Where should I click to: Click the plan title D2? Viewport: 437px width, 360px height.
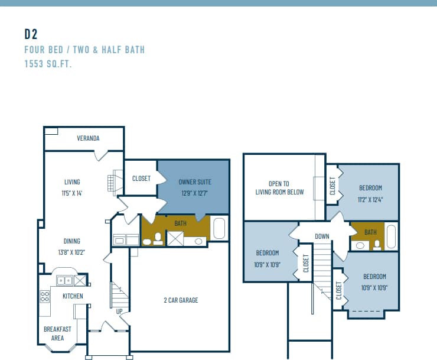point(31,34)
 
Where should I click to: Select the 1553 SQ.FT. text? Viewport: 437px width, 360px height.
point(48,64)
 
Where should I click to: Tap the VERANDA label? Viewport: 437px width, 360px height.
point(88,138)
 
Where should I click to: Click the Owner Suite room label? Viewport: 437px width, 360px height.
point(195,182)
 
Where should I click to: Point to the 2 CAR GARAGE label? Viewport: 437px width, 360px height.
point(181,300)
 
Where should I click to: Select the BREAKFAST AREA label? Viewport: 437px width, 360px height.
point(57,333)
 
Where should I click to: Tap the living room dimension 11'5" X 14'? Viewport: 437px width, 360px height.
point(72,193)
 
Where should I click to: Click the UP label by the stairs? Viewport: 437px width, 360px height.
point(119,311)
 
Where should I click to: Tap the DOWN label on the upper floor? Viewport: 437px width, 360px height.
point(322,236)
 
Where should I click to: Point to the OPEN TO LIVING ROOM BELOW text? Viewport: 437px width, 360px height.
point(279,187)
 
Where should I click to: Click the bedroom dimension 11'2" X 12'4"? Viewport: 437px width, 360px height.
point(370,199)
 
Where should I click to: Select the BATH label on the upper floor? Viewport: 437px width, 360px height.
point(370,232)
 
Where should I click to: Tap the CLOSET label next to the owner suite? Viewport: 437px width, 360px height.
point(141,178)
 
